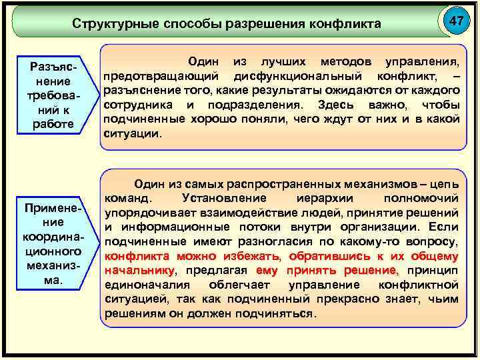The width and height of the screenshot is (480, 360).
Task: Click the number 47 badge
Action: (456, 21)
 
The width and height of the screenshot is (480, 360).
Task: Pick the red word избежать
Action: (251, 256)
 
